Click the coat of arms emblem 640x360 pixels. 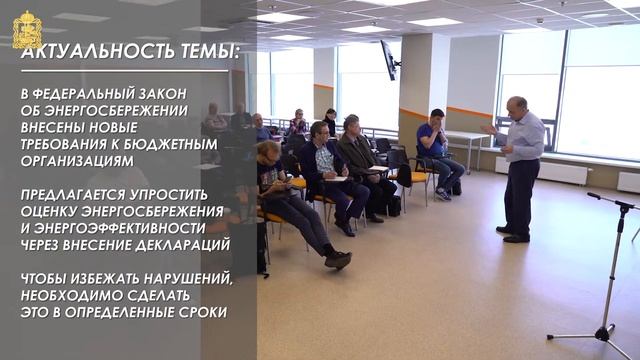click(26, 27)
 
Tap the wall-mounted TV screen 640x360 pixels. click(387, 60)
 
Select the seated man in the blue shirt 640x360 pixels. click(435, 145)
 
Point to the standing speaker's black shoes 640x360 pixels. click(512, 236)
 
